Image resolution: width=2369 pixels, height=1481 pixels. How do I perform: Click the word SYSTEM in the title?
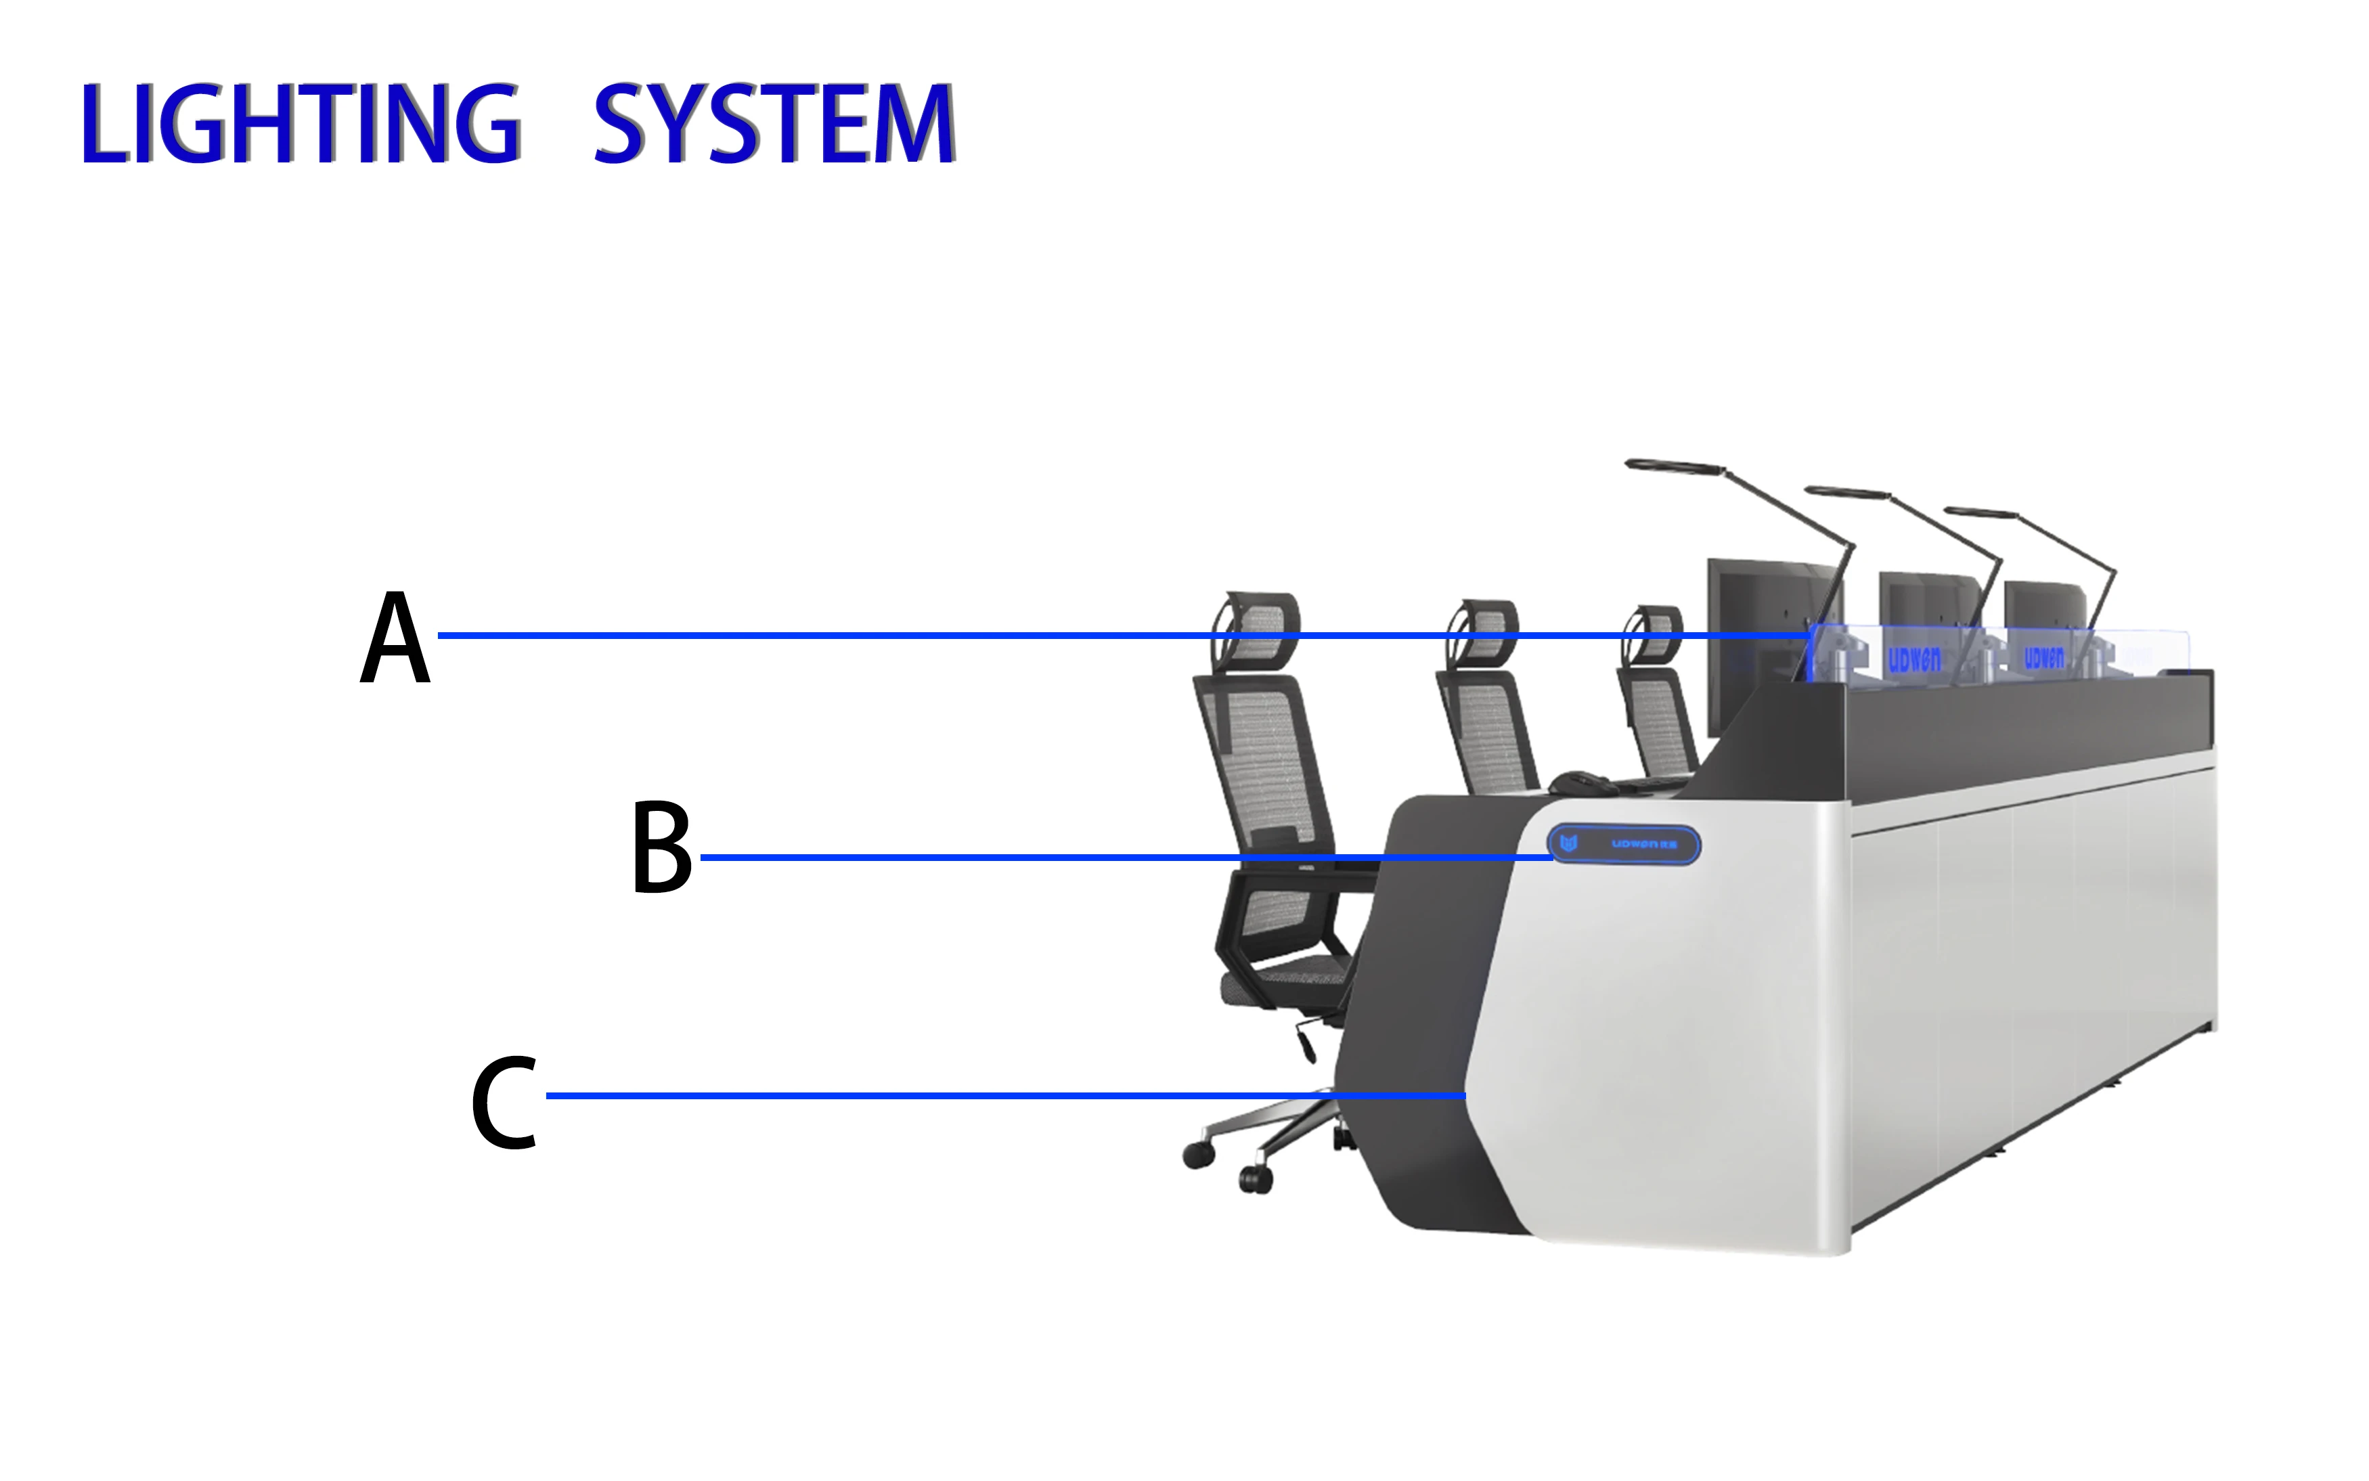point(774,125)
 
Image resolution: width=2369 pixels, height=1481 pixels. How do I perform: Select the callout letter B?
point(661,848)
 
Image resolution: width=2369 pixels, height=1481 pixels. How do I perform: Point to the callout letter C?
point(504,1102)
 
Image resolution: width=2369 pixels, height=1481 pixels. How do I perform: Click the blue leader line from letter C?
point(979,1095)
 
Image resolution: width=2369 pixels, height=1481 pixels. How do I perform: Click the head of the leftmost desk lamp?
point(1673,465)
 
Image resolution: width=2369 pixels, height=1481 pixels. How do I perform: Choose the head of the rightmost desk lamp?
point(1980,512)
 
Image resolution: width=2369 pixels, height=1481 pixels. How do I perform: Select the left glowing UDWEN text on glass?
point(1913,660)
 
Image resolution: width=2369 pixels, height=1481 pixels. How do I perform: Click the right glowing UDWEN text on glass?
point(2044,657)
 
